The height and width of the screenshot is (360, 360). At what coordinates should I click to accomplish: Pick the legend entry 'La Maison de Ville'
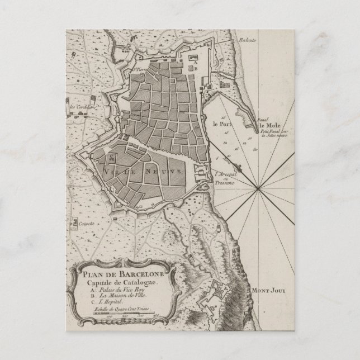114,299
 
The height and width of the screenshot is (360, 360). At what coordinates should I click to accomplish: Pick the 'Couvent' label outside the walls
85,221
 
